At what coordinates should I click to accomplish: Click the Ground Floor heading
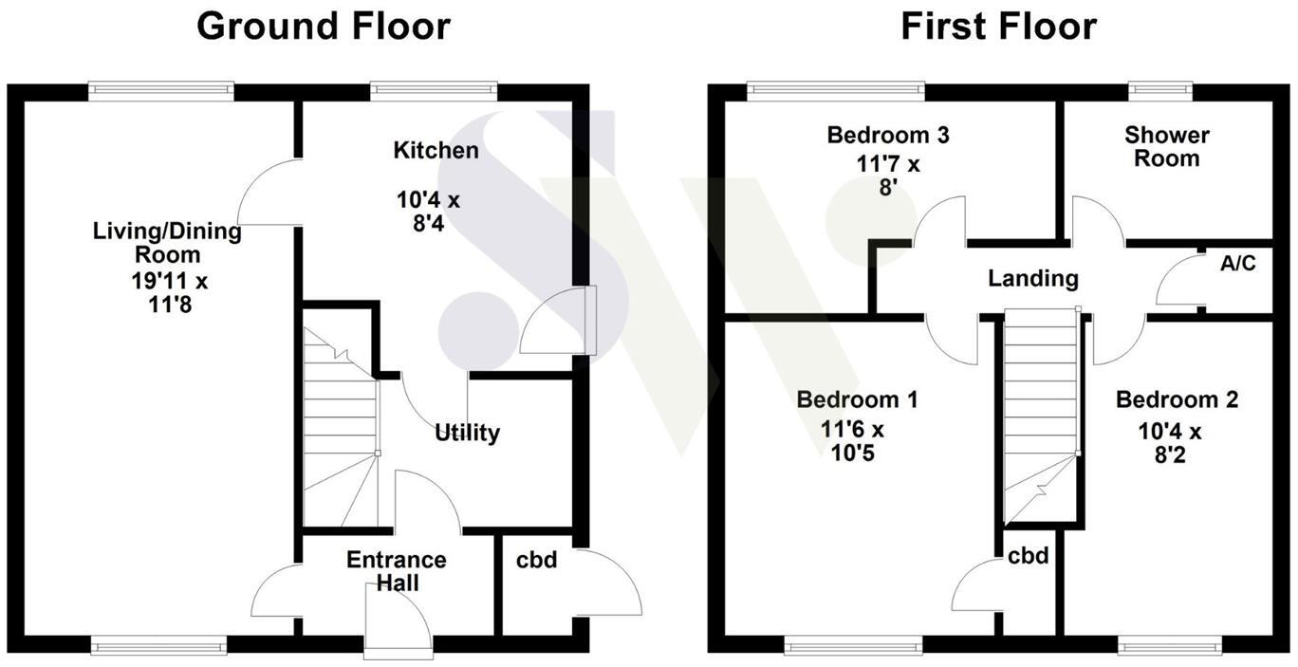pos(323,27)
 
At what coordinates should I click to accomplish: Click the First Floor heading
pos(998,27)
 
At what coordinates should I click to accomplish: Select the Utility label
pos(467,434)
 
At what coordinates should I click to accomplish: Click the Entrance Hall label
pos(396,571)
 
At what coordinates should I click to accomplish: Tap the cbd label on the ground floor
pos(536,561)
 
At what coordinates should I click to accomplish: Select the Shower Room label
pos(1167,147)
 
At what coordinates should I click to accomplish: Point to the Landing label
pos(1033,278)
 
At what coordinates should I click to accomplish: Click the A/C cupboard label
pos(1237,264)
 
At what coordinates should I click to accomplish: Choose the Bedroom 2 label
pos(1177,399)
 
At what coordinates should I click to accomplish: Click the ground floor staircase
pos(339,436)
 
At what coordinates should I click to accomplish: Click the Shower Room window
pos(1159,91)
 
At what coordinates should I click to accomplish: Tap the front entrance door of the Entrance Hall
pos(398,621)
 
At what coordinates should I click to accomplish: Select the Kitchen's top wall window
pos(434,91)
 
